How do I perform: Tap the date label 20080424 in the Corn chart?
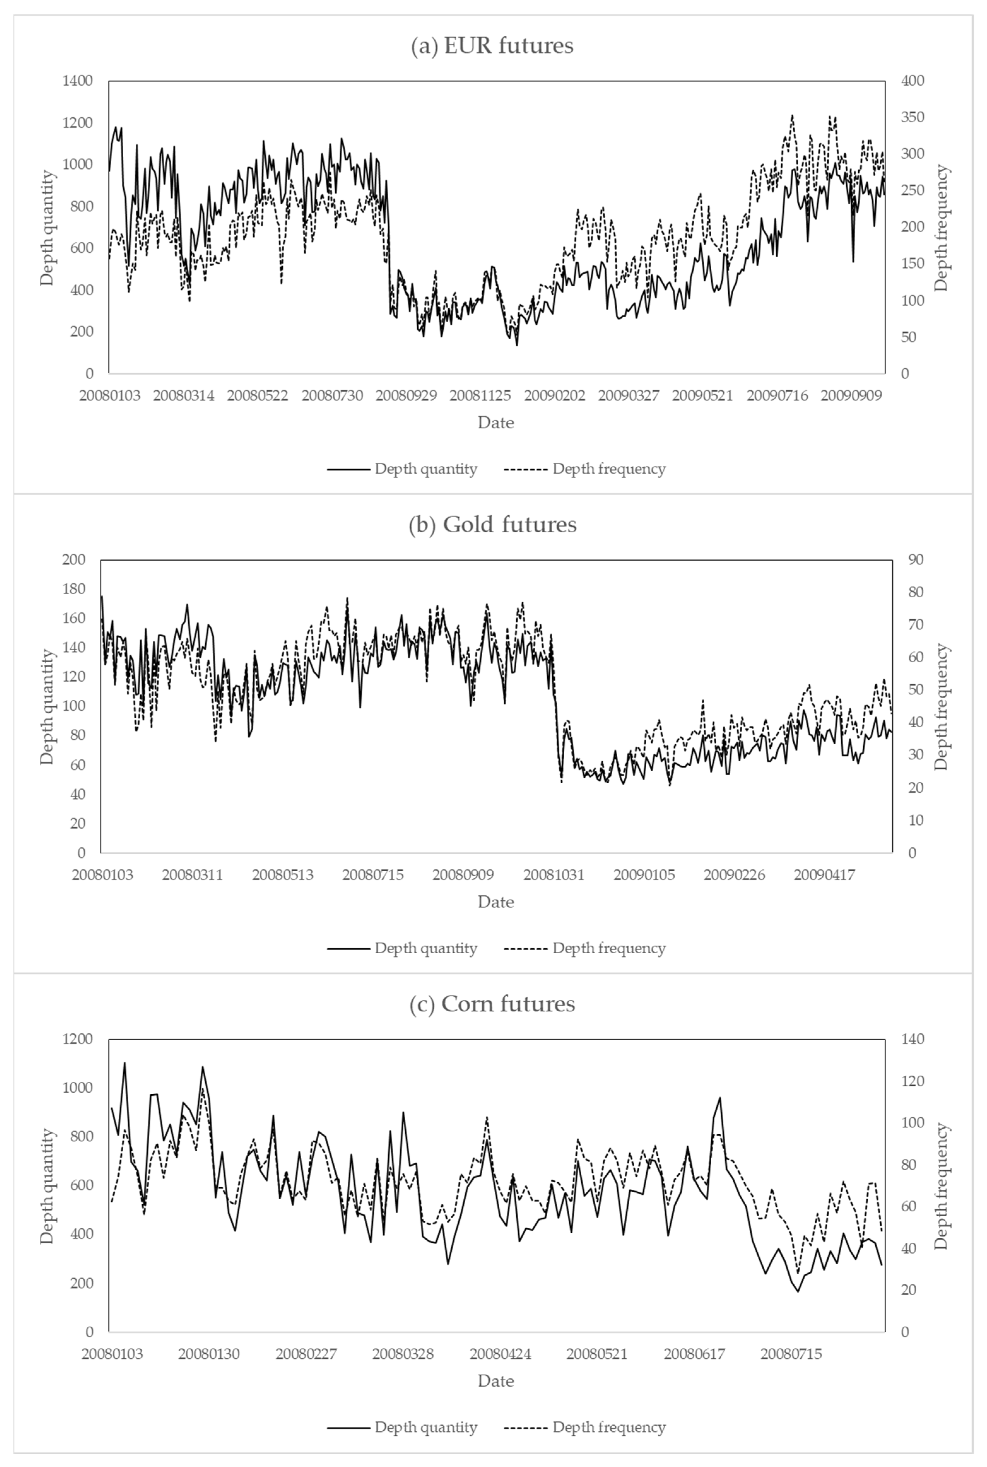pos(500,1354)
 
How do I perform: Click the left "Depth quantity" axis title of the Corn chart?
pos(47,1186)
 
